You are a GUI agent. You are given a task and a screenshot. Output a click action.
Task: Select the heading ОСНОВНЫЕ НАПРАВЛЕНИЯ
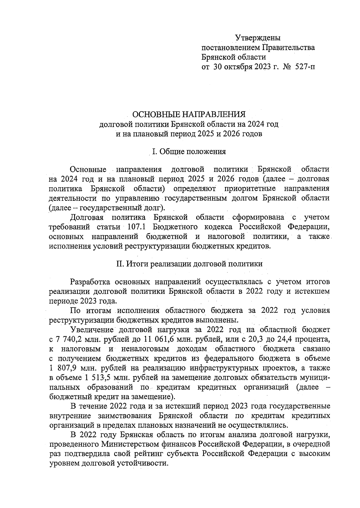tap(189, 114)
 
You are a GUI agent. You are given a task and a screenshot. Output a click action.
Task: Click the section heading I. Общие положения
tap(189, 151)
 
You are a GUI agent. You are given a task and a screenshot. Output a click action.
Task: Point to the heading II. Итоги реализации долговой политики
tap(189, 264)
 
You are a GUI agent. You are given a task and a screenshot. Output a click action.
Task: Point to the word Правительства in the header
tap(289, 47)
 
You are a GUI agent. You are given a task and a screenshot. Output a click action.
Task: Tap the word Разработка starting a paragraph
tap(90, 282)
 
